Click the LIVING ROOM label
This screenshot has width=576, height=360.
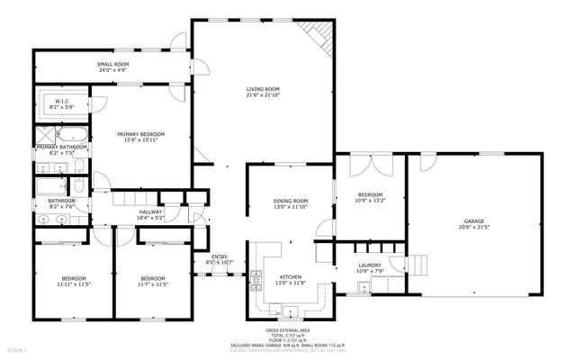[x=262, y=88]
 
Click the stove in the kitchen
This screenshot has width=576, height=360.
[x=256, y=278]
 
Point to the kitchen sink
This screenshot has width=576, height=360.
[x=291, y=311]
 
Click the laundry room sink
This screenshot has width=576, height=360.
[x=362, y=287]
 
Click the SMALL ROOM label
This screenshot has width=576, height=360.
[x=112, y=67]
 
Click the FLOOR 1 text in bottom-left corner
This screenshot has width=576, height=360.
[x=17, y=348]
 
